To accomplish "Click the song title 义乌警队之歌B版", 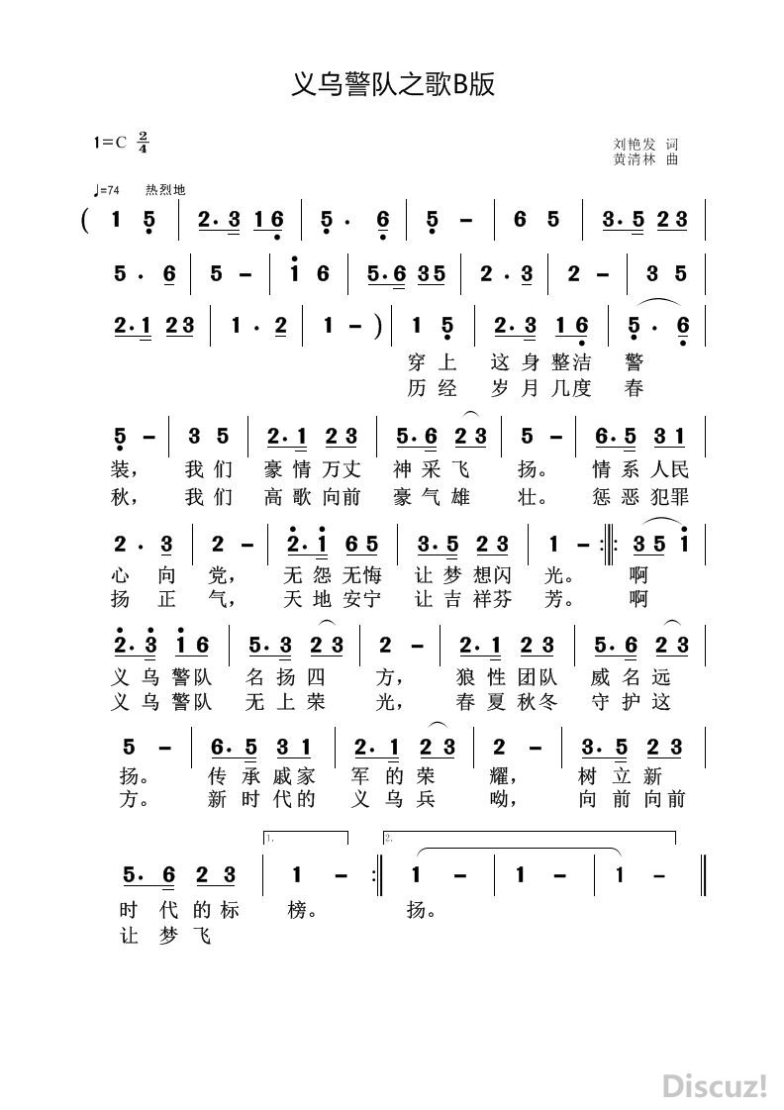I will [392, 86].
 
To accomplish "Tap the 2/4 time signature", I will [144, 142].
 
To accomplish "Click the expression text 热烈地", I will [165, 190].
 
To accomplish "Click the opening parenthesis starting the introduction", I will [88, 220].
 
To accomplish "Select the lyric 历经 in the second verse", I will [432, 388].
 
